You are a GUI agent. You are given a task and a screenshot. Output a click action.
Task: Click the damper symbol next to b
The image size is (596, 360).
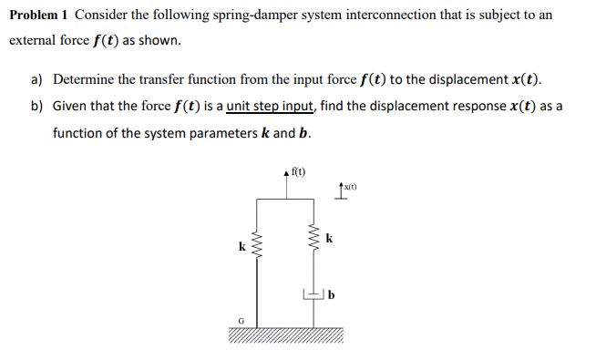click(313, 293)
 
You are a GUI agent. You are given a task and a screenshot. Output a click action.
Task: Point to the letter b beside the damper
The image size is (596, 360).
click(332, 294)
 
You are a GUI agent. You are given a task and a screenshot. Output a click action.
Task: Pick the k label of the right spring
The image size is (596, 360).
click(329, 239)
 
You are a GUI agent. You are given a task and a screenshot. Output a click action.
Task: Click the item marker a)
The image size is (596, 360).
click(37, 79)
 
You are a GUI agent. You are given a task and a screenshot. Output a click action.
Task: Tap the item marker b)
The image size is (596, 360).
click(37, 106)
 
